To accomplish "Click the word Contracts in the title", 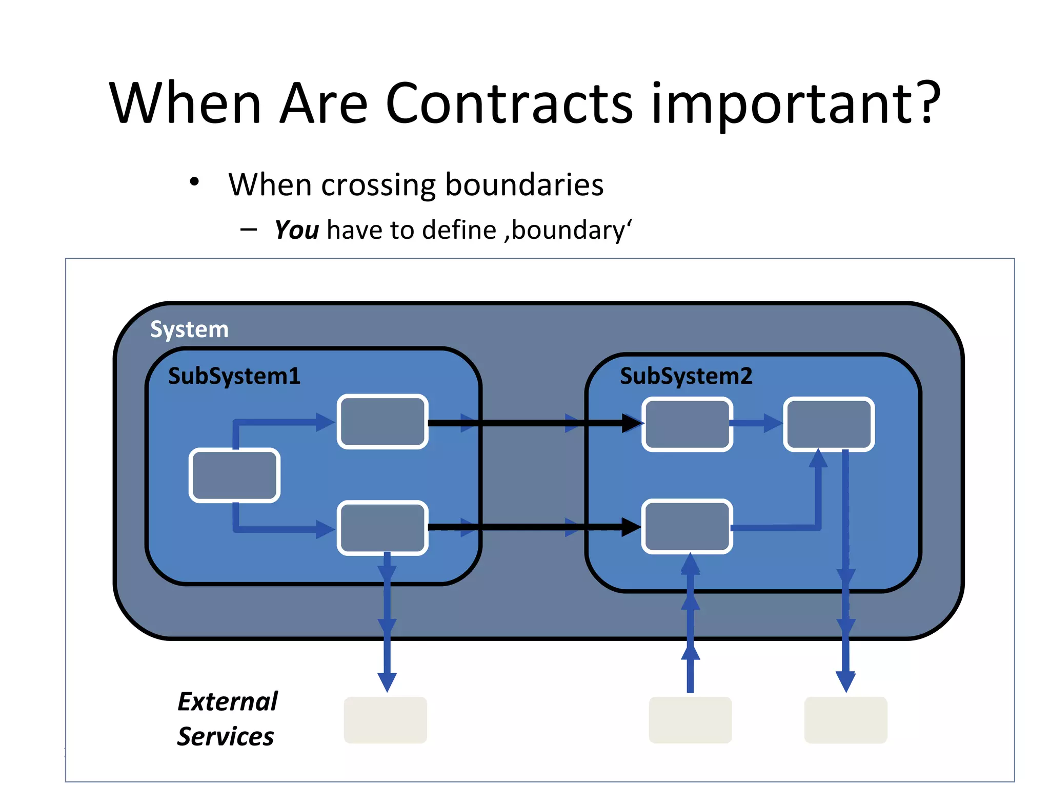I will point(509,103).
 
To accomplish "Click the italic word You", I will point(297,230).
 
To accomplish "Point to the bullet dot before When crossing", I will point(194,182).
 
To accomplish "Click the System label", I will point(189,329).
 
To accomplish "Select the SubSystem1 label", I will point(234,377).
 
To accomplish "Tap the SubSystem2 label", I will point(686,377).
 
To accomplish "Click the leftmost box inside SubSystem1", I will point(234,475).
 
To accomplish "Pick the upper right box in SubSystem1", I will point(382,422).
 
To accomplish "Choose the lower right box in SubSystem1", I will point(382,528).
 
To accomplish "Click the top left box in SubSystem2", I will point(687,424).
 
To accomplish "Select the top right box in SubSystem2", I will point(829,424).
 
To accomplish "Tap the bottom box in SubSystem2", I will point(687,527).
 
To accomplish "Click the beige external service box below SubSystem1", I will point(385,719).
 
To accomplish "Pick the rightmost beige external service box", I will point(845,719).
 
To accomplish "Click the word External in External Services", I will point(227,701).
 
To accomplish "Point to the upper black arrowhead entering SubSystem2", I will point(632,423).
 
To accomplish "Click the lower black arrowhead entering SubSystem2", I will point(631,527).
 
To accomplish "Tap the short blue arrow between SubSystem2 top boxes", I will point(757,423).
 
